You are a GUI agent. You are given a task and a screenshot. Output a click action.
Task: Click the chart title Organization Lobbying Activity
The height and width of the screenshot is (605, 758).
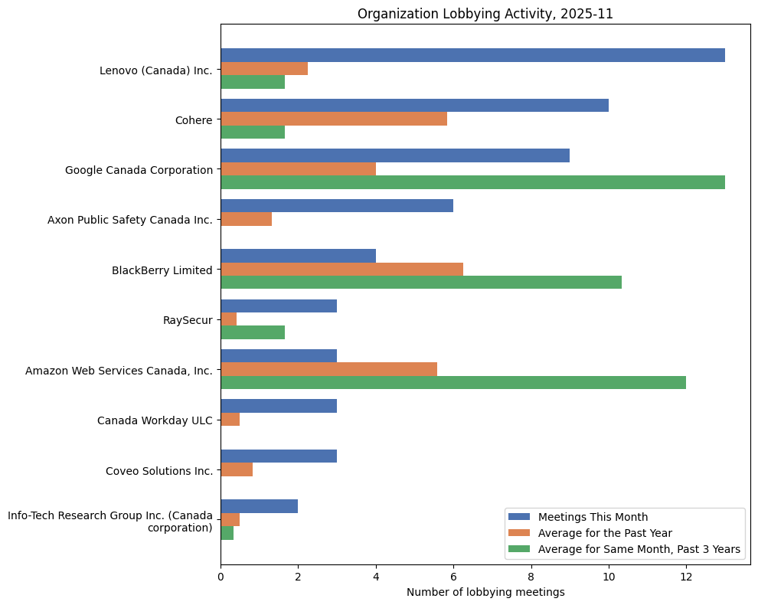click(x=485, y=14)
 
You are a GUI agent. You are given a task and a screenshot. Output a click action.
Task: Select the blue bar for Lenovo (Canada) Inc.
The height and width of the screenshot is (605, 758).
click(x=472, y=55)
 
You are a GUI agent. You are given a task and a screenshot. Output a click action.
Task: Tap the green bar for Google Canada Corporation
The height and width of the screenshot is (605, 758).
click(x=472, y=182)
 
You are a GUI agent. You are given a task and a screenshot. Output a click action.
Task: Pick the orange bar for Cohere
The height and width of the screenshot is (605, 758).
click(x=334, y=119)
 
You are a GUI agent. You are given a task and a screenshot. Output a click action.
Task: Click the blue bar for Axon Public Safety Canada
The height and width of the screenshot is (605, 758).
click(x=337, y=205)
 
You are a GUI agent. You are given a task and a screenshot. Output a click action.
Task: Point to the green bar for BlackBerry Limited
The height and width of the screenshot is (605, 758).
click(x=421, y=283)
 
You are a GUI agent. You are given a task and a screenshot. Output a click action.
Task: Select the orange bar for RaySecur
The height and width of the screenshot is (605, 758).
click(x=229, y=319)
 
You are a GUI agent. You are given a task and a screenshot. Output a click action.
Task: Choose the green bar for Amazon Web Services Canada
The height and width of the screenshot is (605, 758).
click(x=453, y=383)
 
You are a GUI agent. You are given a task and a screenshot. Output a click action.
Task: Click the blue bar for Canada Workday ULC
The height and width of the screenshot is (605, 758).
click(x=279, y=406)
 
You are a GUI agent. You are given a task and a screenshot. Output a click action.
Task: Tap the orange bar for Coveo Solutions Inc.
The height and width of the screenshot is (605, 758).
click(x=237, y=469)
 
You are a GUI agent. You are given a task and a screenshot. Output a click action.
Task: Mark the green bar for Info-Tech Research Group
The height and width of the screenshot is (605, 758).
click(x=227, y=533)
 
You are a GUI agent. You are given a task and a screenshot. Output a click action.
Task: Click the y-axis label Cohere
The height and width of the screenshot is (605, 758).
click(x=194, y=119)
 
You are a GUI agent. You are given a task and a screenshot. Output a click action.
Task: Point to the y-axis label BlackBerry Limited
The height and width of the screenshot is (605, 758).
click(x=162, y=270)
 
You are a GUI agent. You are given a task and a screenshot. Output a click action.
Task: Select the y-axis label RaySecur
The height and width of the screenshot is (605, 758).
click(x=188, y=320)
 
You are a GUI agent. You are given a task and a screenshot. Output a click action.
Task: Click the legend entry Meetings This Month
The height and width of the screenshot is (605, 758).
click(x=593, y=516)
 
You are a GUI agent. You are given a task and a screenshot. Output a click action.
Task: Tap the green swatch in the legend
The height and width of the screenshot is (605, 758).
click(x=519, y=549)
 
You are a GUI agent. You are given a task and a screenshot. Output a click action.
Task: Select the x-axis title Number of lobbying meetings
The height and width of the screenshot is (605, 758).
click(x=485, y=592)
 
